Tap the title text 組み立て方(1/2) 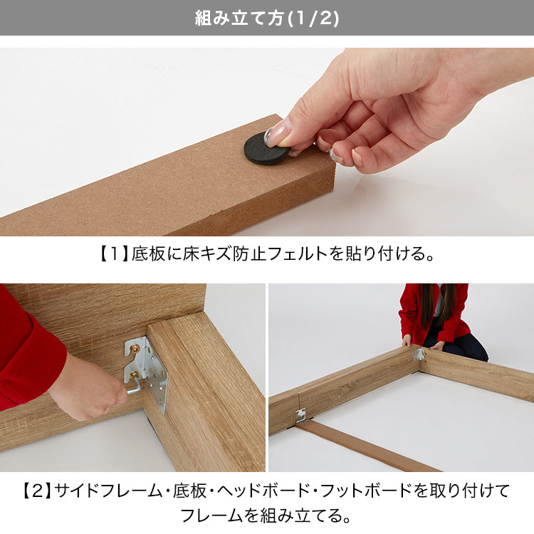267,18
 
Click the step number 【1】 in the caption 113,254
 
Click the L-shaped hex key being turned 134,384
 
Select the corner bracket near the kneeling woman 419,355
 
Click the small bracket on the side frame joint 300,416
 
